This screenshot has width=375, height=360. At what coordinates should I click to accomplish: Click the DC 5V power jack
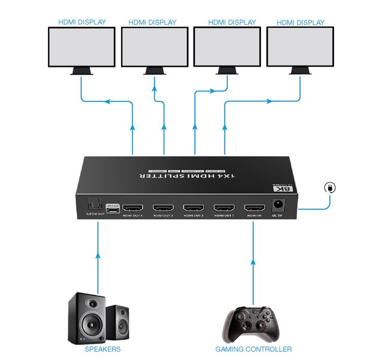click(277, 205)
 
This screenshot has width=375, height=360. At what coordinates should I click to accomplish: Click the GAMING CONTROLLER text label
click(253, 349)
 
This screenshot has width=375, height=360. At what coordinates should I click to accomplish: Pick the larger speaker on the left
click(86, 318)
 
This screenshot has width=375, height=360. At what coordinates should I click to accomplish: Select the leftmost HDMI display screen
click(82, 47)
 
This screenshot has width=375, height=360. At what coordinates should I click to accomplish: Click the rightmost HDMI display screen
click(300, 47)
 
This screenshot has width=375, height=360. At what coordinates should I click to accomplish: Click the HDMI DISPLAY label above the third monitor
click(232, 22)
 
